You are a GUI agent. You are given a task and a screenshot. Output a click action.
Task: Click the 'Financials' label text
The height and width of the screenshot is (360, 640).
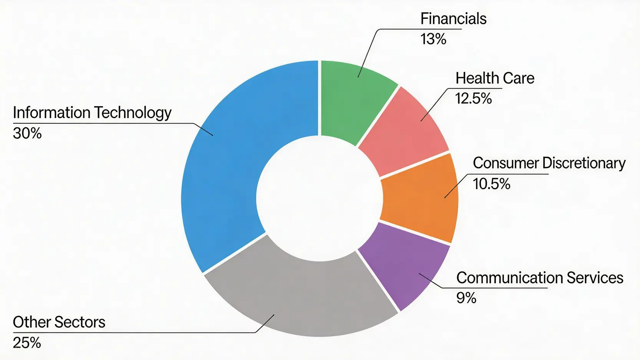453,19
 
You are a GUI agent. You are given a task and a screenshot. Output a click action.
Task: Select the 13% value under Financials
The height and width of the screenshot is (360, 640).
433,39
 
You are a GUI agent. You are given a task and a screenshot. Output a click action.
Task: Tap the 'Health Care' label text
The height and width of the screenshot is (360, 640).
495,78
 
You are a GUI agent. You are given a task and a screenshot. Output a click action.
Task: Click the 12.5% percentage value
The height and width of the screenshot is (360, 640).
473,99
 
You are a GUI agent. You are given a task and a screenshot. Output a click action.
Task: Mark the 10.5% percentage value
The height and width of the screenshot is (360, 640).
491,184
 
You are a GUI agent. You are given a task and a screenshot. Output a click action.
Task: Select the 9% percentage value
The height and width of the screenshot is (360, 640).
466,298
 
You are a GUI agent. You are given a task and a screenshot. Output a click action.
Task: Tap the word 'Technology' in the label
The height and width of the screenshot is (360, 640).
133,113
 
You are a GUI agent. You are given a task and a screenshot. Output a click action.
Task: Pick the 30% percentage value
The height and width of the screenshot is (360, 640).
27,134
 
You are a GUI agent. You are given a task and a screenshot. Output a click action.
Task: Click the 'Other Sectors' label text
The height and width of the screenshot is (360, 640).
59,322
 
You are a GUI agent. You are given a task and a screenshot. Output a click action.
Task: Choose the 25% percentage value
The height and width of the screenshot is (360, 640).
27,343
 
